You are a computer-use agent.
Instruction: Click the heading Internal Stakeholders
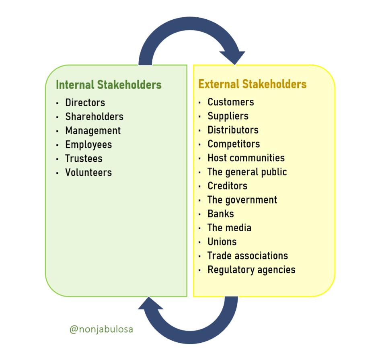click(x=109, y=85)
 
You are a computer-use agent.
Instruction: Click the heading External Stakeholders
click(x=252, y=84)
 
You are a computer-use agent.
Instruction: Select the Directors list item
click(x=85, y=103)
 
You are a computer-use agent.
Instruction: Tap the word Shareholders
click(x=94, y=117)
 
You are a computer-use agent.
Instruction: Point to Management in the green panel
click(x=93, y=131)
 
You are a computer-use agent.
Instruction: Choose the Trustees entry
click(x=84, y=158)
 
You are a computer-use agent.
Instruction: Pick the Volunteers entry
click(x=88, y=173)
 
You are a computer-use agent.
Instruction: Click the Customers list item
click(x=231, y=102)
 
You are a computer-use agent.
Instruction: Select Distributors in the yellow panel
click(x=233, y=130)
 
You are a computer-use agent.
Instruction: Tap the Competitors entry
click(x=234, y=144)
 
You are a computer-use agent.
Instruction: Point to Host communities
click(x=246, y=158)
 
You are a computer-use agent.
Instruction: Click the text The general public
click(x=247, y=172)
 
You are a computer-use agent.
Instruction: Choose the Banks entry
click(x=221, y=214)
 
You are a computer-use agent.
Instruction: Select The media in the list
click(x=229, y=228)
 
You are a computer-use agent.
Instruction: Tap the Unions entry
click(x=222, y=242)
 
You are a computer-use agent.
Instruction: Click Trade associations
click(x=248, y=256)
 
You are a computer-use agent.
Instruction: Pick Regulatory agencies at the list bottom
click(x=251, y=269)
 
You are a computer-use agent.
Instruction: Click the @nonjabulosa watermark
click(x=101, y=329)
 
